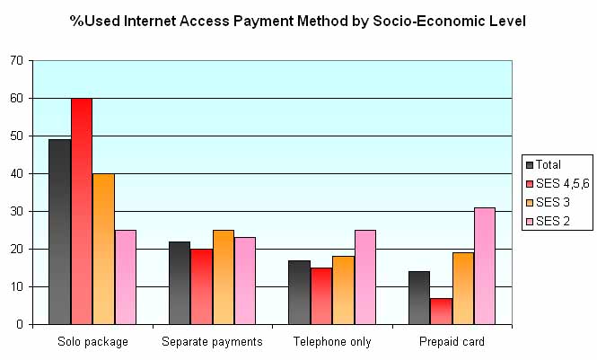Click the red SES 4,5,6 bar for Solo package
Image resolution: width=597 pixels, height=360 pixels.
point(82,211)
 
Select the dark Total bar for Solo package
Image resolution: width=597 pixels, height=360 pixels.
point(59,232)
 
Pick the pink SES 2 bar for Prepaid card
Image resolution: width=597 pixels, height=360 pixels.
point(485,266)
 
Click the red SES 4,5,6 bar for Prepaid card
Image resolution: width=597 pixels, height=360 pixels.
point(441,311)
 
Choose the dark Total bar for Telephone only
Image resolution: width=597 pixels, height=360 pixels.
point(299,292)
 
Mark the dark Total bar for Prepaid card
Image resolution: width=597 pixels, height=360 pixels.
point(419,297)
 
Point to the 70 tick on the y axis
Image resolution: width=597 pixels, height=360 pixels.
point(16,61)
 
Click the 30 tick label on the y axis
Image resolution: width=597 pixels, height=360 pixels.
point(16,212)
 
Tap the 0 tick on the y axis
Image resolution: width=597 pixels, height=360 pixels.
point(20,325)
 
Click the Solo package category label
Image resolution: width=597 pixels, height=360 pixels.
point(92,342)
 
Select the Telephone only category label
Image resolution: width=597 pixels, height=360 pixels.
point(332,342)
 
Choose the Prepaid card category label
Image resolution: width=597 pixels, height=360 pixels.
point(452,342)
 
